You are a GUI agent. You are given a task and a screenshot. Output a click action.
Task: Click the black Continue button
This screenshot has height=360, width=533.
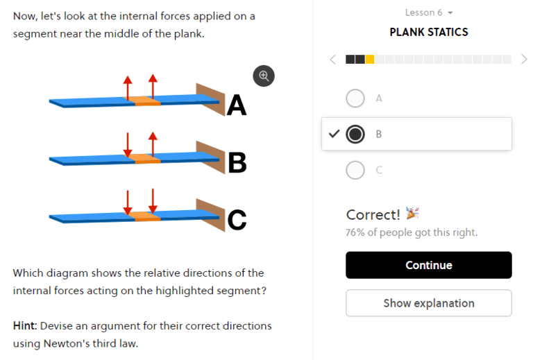428,265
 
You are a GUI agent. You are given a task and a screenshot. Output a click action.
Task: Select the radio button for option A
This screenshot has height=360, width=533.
355,98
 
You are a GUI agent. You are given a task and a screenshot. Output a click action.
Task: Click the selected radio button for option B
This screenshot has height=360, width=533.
355,134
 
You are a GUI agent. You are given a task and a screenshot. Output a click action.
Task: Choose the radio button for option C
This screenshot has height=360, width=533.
355,170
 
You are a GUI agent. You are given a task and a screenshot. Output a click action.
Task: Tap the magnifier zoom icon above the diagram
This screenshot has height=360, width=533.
264,76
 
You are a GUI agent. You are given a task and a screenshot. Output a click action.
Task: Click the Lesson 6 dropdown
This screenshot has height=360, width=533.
428,12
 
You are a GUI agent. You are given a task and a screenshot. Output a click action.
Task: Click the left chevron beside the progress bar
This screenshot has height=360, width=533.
332,59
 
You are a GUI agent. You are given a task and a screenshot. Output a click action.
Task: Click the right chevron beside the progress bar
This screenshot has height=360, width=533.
524,59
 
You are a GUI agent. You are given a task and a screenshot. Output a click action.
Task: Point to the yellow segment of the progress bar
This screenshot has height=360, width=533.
370,59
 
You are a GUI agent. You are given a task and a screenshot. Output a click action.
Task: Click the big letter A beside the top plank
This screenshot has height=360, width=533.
237,105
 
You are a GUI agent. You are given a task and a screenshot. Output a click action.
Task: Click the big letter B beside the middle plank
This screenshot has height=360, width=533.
237,163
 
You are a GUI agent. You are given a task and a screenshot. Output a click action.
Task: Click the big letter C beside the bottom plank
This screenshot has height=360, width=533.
237,220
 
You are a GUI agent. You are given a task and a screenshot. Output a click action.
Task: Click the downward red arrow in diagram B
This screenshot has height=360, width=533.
128,144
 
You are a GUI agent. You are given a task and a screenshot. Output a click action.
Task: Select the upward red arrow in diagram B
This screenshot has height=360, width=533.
153,144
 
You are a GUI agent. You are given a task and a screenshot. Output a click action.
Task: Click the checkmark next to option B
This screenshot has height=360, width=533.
333,134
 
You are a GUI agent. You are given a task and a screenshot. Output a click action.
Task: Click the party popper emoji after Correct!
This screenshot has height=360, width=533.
412,214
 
